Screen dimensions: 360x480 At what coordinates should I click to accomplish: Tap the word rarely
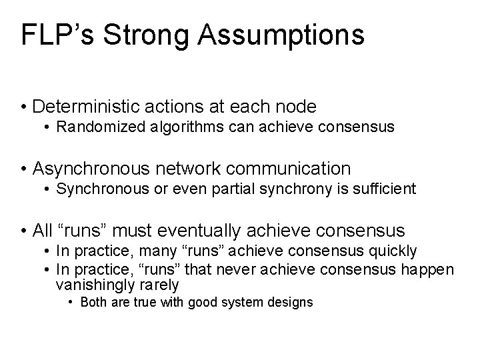(x=161, y=285)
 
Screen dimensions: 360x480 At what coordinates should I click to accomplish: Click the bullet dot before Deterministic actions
(x=23, y=107)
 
